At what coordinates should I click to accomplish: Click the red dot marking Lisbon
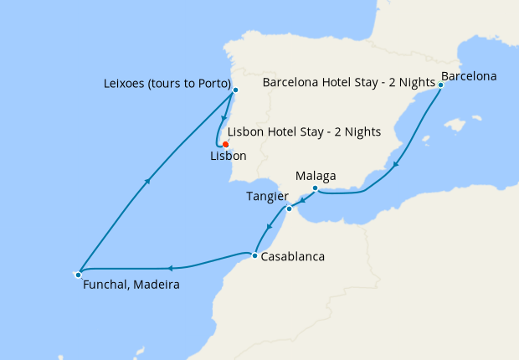[225, 144]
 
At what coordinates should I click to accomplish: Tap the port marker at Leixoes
[235, 90]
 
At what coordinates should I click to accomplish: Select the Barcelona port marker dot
[440, 85]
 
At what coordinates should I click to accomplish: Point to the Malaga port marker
[314, 188]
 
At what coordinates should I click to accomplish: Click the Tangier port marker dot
[289, 208]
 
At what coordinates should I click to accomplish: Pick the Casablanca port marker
[254, 255]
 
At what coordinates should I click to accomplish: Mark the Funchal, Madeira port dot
[78, 274]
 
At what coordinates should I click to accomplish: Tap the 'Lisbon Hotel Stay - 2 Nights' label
[304, 131]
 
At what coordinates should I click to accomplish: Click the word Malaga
[316, 176]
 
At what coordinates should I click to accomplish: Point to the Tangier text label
[266, 196]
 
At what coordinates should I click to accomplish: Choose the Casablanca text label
[292, 257]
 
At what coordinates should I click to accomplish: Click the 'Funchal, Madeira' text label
[131, 285]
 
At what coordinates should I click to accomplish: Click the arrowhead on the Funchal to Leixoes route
[148, 180]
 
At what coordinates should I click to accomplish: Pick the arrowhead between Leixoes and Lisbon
[224, 117]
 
